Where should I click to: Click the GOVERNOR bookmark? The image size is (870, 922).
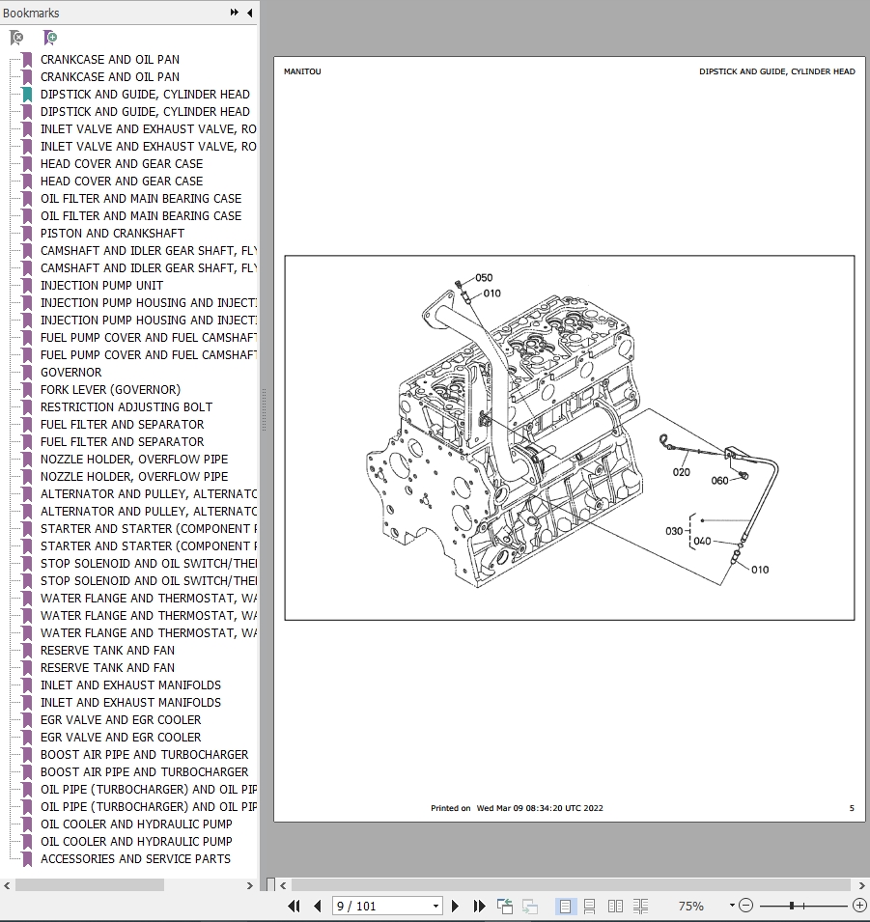(x=70, y=372)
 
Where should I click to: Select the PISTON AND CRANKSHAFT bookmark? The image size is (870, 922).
(x=112, y=233)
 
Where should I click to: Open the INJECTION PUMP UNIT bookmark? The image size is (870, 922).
(x=101, y=285)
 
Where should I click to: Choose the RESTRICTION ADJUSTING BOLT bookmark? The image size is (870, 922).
(x=126, y=406)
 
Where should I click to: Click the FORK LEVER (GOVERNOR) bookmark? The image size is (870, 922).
(x=110, y=389)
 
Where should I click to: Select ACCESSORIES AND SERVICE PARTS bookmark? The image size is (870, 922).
(x=135, y=858)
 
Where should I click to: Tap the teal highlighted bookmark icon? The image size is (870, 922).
(x=27, y=95)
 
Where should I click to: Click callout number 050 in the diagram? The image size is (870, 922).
(x=483, y=278)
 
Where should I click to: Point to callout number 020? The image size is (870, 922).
(x=682, y=472)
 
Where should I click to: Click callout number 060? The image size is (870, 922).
(x=720, y=481)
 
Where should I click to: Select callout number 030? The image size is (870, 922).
(x=674, y=531)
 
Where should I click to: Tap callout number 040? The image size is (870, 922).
(x=702, y=541)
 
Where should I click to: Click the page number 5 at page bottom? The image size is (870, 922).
(x=851, y=808)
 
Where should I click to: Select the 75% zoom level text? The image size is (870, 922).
(x=690, y=906)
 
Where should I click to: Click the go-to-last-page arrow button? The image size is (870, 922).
(x=479, y=906)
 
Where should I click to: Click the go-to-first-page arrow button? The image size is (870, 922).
(x=294, y=906)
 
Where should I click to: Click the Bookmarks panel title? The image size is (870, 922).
(x=31, y=13)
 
